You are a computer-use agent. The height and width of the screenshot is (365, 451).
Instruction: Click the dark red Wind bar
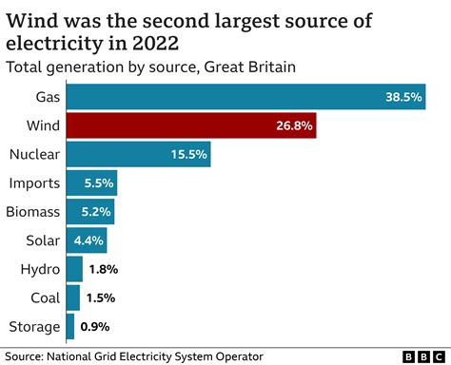pyautogui.click(x=190, y=125)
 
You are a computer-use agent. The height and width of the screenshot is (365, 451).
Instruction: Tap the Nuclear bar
pyautogui.click(x=138, y=154)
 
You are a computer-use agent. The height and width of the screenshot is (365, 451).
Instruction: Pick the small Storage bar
pyautogui.click(x=69, y=327)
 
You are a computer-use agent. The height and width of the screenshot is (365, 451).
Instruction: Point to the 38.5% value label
pyautogui.click(x=402, y=97)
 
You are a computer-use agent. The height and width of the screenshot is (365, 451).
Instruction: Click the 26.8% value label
pyautogui.click(x=292, y=125)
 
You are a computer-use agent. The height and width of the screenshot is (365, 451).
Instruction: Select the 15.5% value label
pyautogui.click(x=187, y=154)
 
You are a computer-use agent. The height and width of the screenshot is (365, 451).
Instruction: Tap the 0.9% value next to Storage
pyautogui.click(x=95, y=327)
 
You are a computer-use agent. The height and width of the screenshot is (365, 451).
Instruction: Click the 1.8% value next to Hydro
pyautogui.click(x=102, y=269)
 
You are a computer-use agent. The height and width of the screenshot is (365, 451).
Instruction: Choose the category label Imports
pyautogui.click(x=33, y=182)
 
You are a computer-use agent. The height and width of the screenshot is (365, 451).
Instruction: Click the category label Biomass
pyautogui.click(x=31, y=212)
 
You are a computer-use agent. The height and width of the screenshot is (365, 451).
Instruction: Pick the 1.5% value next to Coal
pyautogui.click(x=100, y=298)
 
